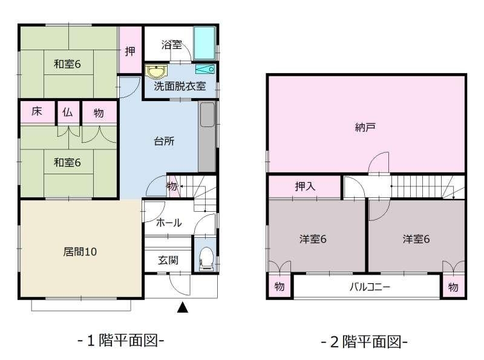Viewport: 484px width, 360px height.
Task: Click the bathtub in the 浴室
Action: click(x=204, y=43)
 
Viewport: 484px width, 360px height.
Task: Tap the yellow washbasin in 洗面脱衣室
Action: click(x=156, y=71)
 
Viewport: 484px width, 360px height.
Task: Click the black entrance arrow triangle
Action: click(x=183, y=307)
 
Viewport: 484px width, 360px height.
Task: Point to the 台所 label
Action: click(x=164, y=142)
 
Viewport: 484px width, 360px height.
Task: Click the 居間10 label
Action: click(x=80, y=252)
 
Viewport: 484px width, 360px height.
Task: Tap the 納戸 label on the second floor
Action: click(x=365, y=127)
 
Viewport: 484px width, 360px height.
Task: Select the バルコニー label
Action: click(x=370, y=287)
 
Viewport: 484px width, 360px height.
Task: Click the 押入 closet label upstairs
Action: click(x=305, y=186)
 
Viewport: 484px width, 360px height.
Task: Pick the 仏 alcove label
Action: click(x=67, y=112)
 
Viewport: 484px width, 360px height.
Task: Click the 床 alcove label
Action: click(x=36, y=111)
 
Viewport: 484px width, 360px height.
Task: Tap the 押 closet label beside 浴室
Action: click(x=130, y=51)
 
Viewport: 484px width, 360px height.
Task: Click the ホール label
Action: click(x=169, y=222)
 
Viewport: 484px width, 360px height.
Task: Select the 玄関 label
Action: click(x=168, y=260)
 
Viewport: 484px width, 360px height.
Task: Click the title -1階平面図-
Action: click(x=120, y=341)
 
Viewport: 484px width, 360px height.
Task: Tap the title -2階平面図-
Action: click(x=364, y=342)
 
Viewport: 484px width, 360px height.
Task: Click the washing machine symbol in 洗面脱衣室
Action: click(x=205, y=69)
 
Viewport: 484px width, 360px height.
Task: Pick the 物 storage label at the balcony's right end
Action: click(x=453, y=287)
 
